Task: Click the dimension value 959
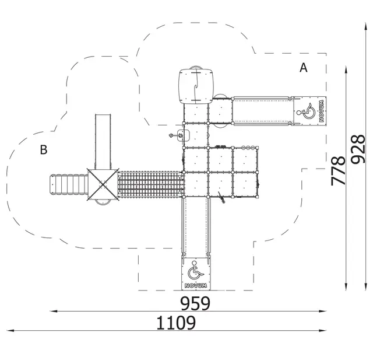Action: [195, 303]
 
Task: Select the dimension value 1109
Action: [176, 323]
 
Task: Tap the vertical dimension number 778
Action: [338, 170]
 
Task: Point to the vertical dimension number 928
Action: [358, 149]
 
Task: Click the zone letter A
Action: [304, 68]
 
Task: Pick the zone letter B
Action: [44, 150]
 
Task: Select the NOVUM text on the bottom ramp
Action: [196, 285]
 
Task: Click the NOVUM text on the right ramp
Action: [321, 111]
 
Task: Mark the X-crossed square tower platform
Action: [103, 184]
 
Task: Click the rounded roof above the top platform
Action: [196, 86]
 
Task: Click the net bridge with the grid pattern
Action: [151, 184]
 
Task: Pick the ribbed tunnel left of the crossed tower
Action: [69, 184]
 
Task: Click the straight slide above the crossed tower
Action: [103, 142]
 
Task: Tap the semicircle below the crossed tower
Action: [103, 202]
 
